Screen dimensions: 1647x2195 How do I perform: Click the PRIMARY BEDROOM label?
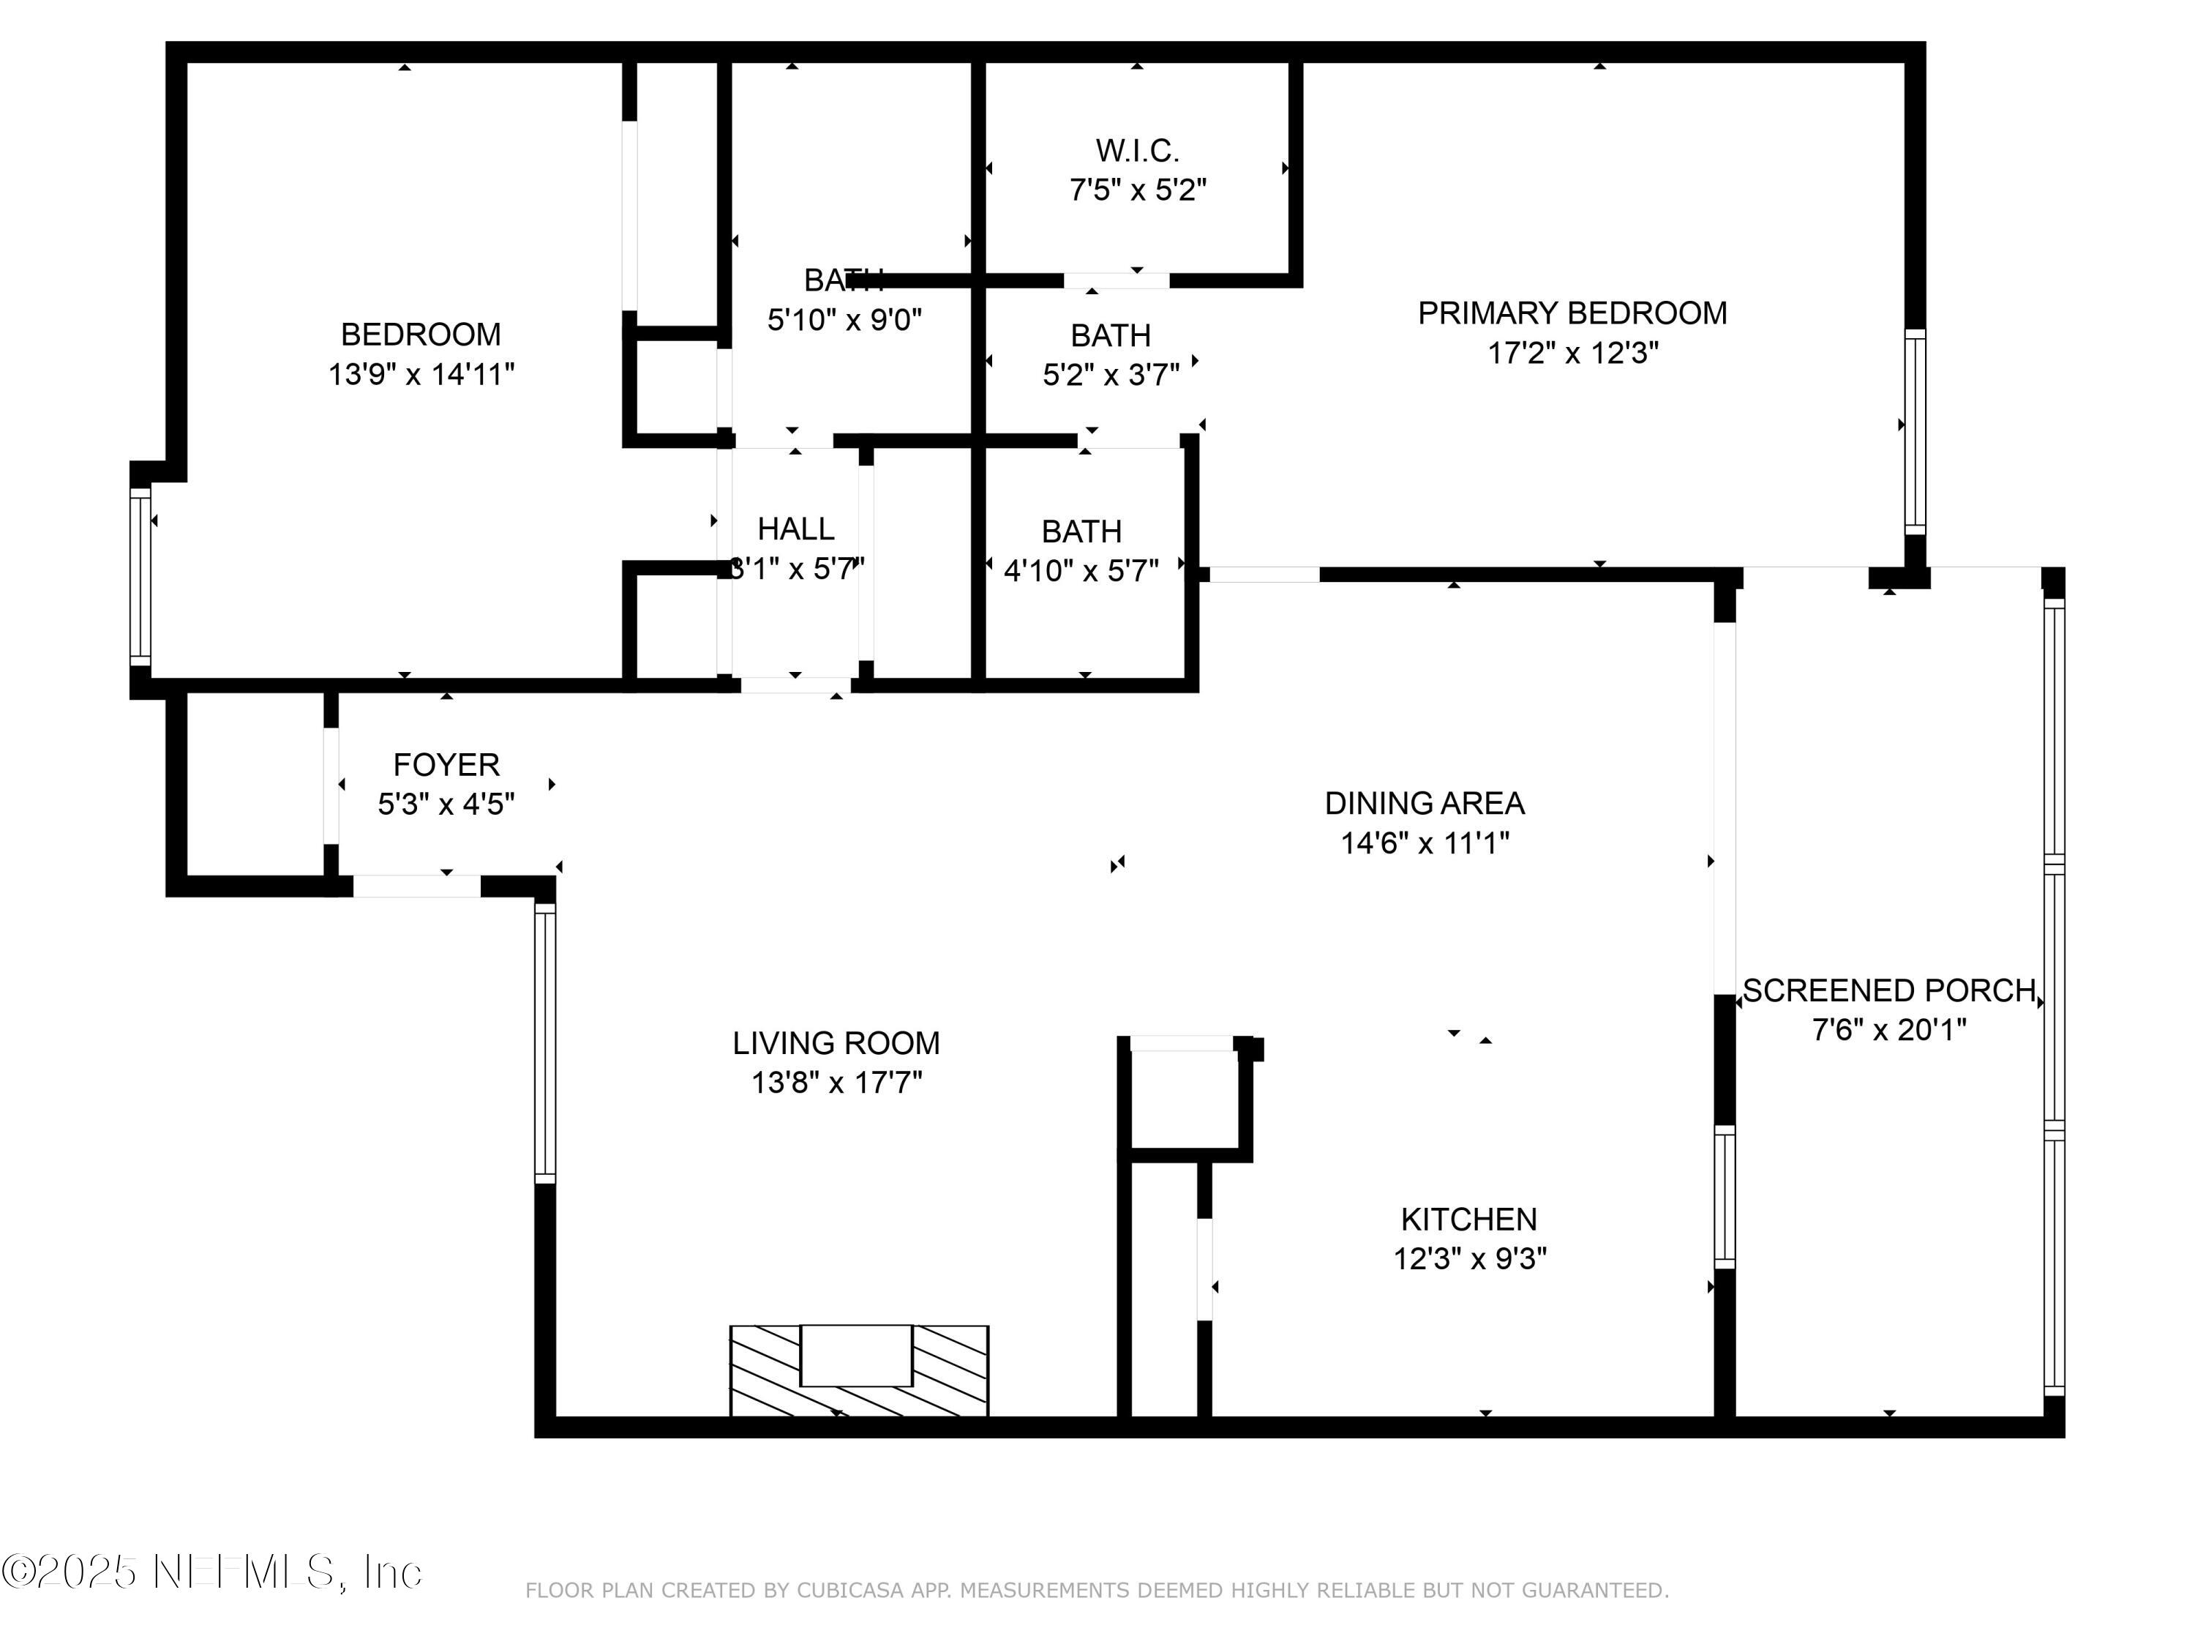tap(1572, 314)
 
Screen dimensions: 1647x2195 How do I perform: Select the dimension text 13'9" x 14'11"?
tap(421, 374)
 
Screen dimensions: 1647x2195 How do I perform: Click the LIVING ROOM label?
tap(836, 1042)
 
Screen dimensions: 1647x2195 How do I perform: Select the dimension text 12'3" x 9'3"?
tap(1470, 1259)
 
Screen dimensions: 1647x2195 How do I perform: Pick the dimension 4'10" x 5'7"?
tap(1081, 571)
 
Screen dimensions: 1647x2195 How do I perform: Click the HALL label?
tap(796, 529)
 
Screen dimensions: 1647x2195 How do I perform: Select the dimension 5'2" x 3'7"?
tap(1111, 376)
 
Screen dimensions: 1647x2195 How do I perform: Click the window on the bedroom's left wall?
tap(141, 576)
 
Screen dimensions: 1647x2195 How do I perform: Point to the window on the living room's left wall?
tap(545, 1042)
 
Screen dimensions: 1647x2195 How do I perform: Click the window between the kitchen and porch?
tap(1725, 1196)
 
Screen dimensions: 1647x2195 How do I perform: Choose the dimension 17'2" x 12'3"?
tap(1572, 354)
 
